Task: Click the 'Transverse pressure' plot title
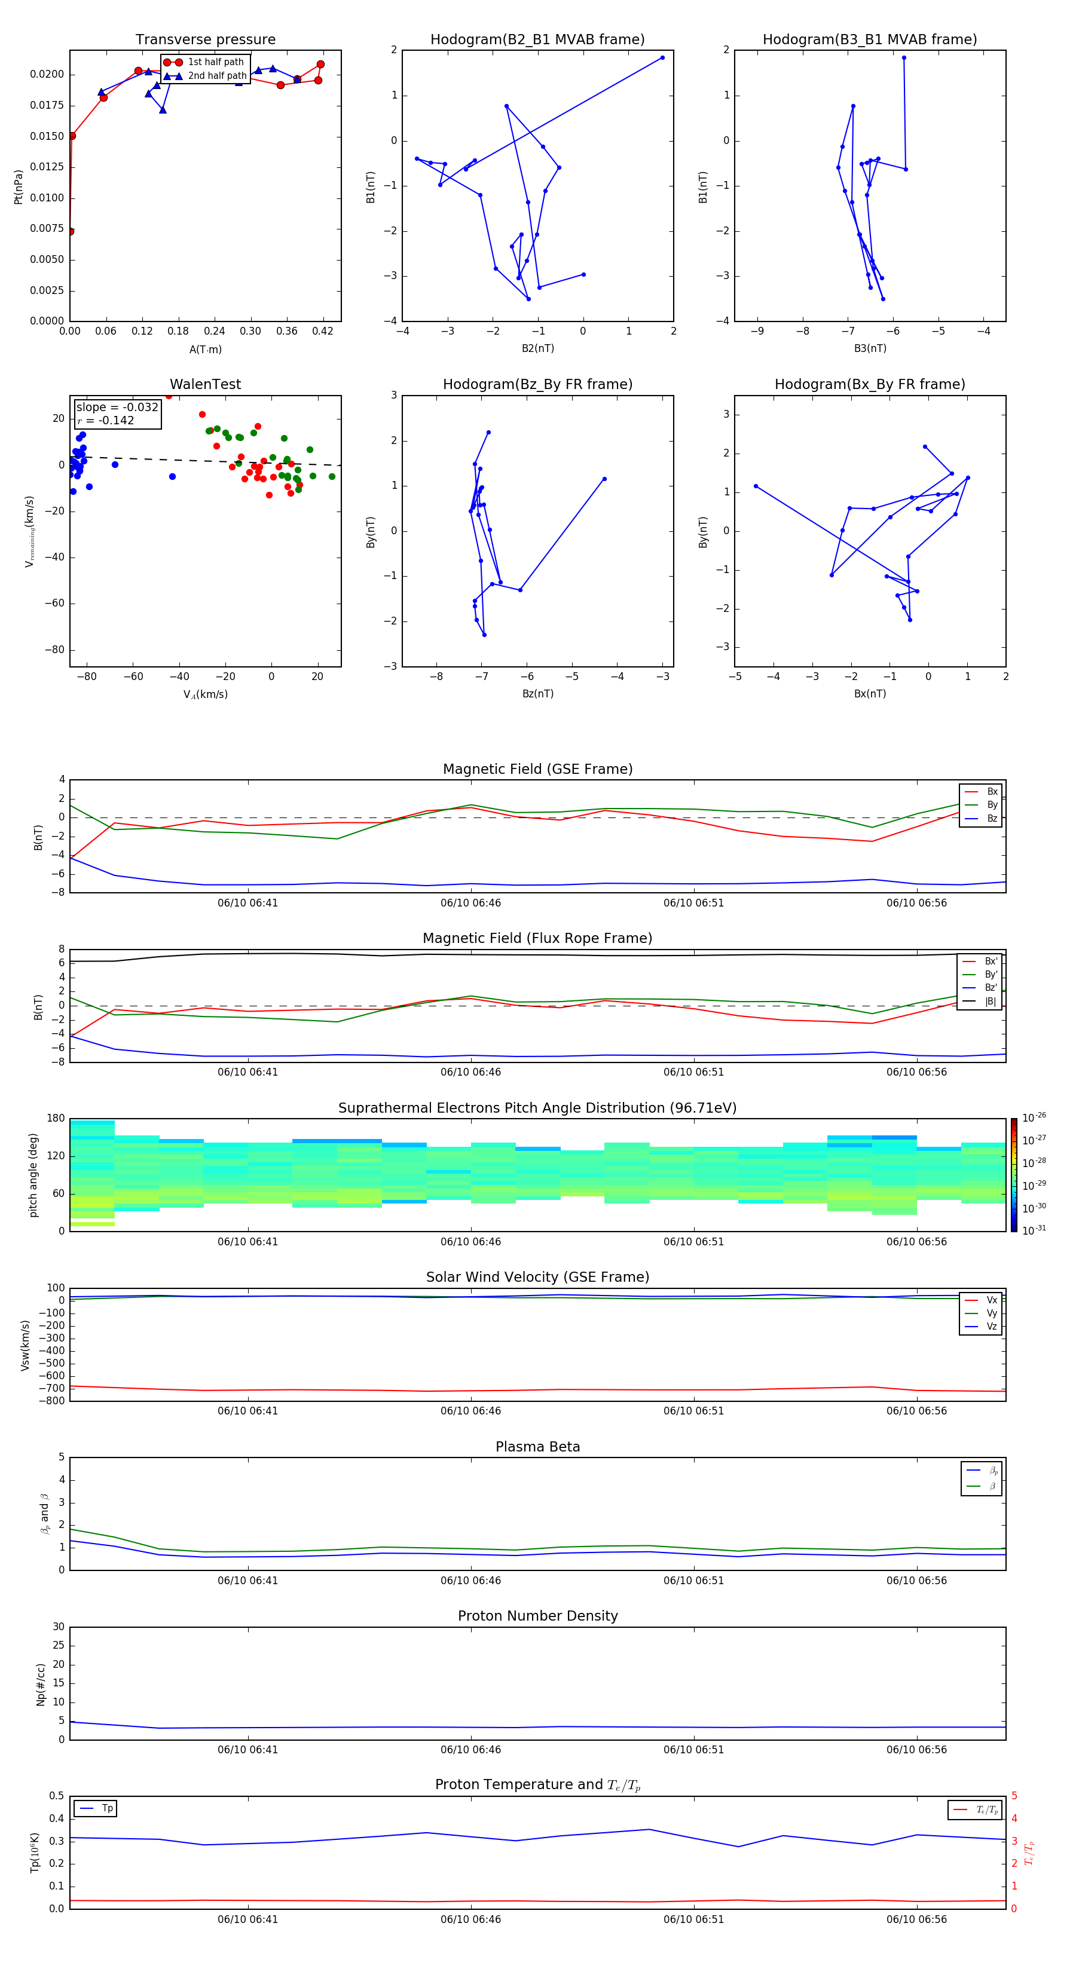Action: (205, 40)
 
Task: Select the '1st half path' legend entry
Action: (215, 62)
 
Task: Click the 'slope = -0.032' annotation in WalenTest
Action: (117, 408)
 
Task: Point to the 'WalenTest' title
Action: (205, 384)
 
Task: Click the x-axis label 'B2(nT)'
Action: (537, 348)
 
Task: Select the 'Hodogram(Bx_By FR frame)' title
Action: (869, 384)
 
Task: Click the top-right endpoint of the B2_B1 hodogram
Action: (662, 57)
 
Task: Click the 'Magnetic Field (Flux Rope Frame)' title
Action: (537, 939)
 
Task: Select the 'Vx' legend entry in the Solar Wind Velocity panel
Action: (991, 1300)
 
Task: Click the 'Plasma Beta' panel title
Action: (537, 1447)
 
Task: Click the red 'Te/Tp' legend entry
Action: (986, 1809)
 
